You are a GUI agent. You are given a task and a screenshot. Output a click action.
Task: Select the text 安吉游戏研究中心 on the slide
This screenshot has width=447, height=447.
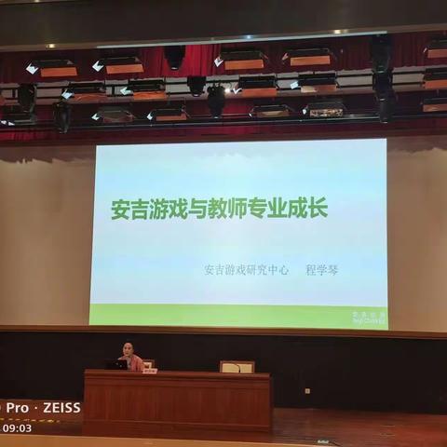tap(247, 270)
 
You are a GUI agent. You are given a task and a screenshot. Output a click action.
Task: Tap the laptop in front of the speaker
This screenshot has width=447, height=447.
tap(117, 364)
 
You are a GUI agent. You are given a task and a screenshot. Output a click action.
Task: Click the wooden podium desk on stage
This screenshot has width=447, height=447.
tap(177, 400)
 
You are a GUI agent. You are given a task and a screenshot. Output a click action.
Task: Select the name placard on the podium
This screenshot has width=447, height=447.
tap(149, 370)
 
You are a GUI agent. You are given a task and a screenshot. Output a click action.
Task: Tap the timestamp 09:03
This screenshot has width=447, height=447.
tap(16, 428)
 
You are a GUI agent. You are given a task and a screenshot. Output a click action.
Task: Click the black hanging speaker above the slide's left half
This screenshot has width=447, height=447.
tap(174, 58)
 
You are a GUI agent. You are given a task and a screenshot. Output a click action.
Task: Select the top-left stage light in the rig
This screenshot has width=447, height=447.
tap(51, 68)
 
